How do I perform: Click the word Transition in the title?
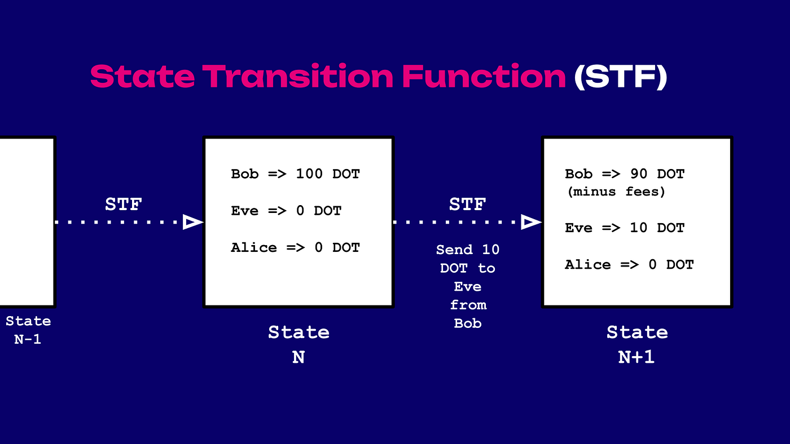(x=298, y=76)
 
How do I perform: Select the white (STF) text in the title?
(x=621, y=77)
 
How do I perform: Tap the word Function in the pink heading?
(x=484, y=76)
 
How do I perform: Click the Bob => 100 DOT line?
(x=295, y=174)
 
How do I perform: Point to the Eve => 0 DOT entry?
(x=286, y=211)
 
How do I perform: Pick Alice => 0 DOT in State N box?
(x=295, y=247)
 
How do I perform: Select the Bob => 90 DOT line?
(x=625, y=174)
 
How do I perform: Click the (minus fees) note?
(x=616, y=192)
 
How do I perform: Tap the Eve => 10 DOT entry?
(x=625, y=228)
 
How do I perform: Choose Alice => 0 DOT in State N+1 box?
(x=629, y=264)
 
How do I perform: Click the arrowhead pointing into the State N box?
(x=192, y=222)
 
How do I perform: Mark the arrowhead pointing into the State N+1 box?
(x=531, y=222)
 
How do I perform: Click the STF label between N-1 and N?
(x=124, y=204)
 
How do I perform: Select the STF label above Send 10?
(x=468, y=204)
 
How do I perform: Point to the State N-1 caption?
(x=28, y=330)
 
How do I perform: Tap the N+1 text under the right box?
(x=637, y=357)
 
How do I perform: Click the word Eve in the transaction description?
(x=468, y=287)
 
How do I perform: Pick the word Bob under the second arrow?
(x=468, y=323)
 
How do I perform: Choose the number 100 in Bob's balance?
(x=309, y=174)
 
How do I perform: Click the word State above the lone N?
(x=299, y=332)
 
